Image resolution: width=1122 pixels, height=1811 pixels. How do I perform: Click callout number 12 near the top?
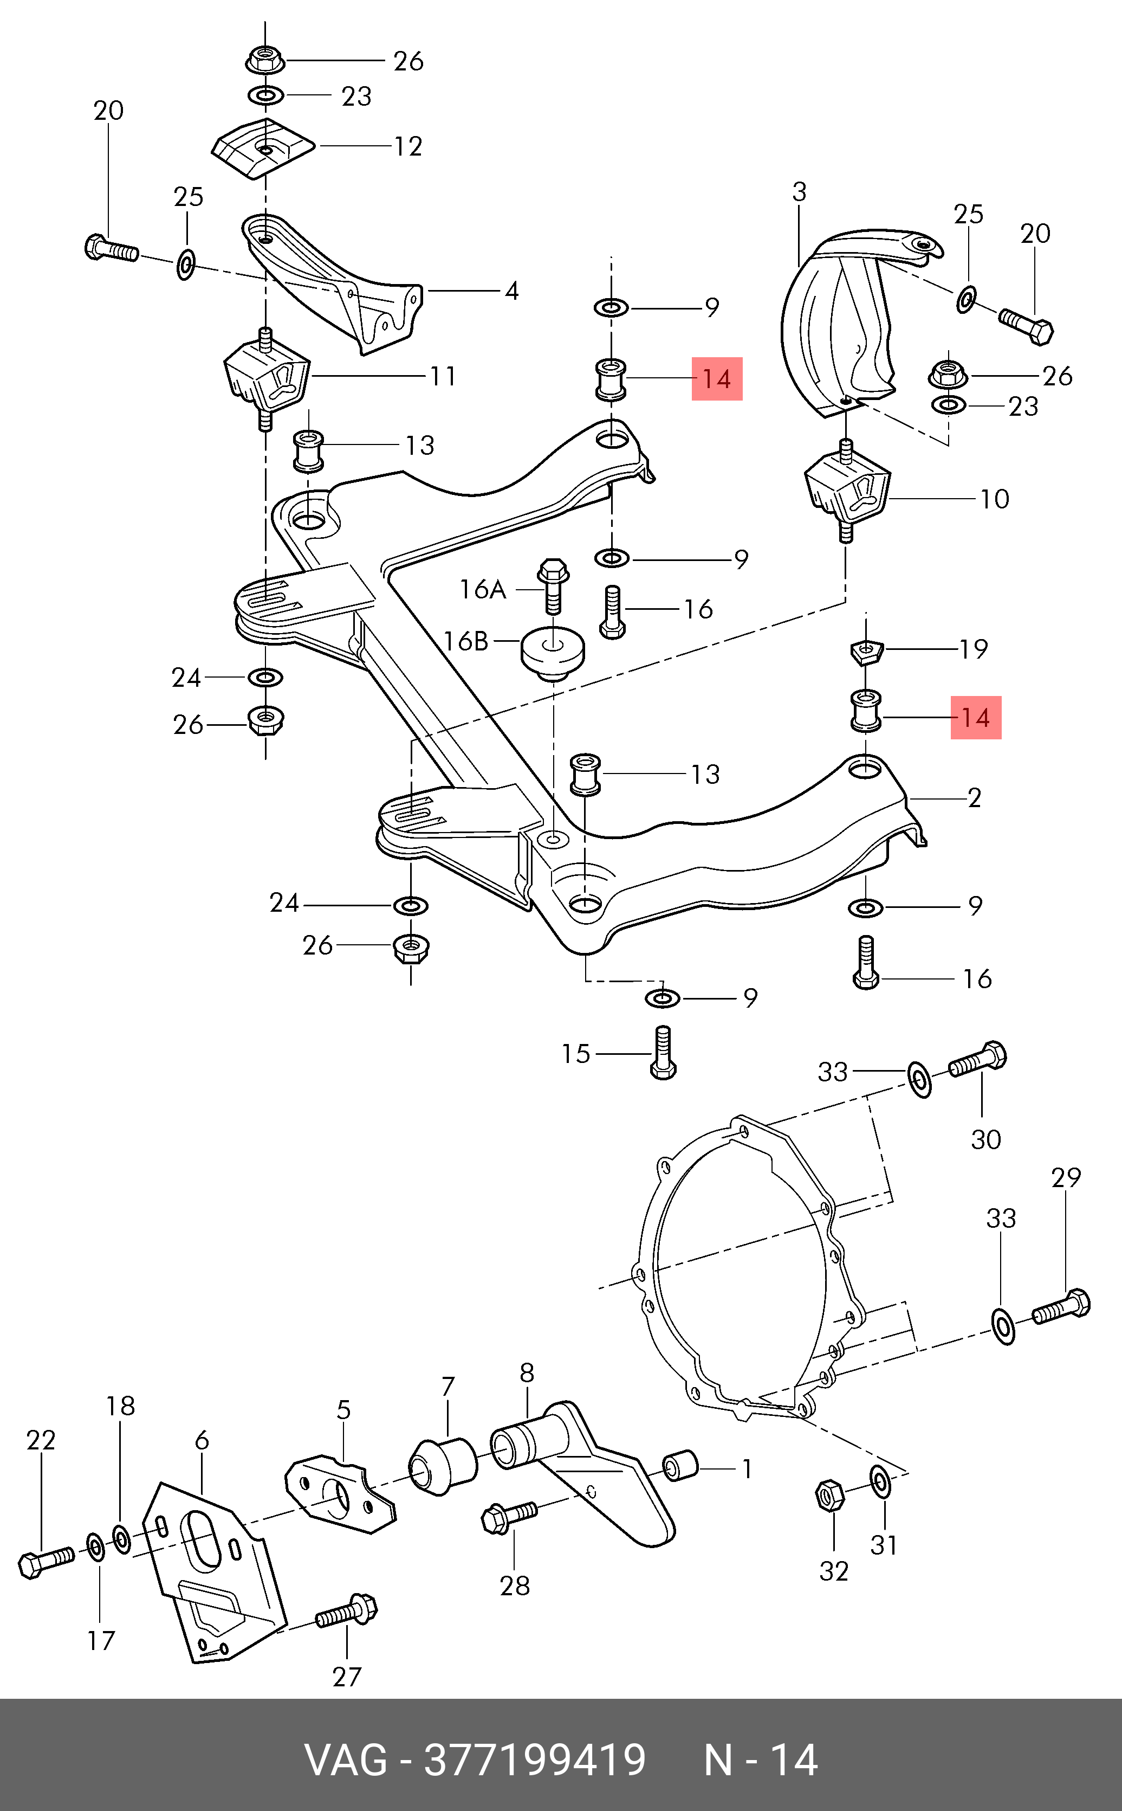408,146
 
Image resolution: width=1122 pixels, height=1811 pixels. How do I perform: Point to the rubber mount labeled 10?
847,490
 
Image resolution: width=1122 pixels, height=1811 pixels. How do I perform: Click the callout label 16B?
465,641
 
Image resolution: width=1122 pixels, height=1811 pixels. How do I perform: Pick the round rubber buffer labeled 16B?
553,652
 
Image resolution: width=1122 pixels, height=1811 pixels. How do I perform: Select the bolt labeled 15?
663,1053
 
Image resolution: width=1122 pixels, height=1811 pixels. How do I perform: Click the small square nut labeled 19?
865,651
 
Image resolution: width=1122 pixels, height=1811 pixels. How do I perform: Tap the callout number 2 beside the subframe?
974,798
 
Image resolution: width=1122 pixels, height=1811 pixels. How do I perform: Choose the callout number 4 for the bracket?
511,291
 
